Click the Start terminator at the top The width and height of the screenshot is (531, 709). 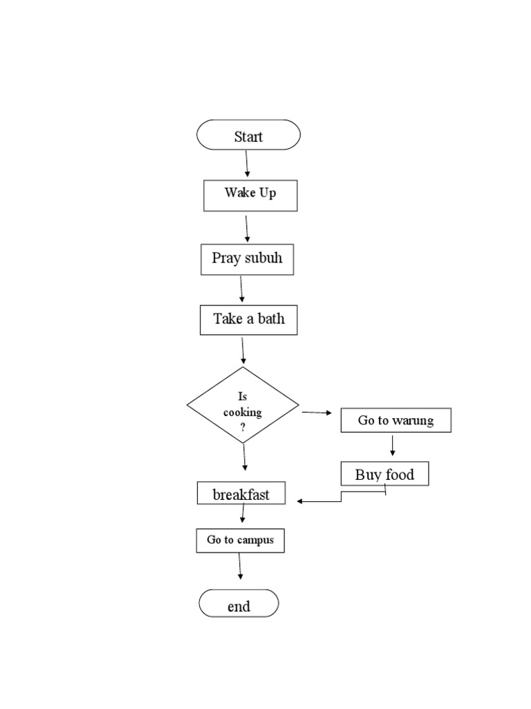(x=248, y=135)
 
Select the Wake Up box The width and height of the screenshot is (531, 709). (x=250, y=195)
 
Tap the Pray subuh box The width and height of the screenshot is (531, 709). (x=247, y=259)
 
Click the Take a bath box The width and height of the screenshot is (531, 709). (x=248, y=320)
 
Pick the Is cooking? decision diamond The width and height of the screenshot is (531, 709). (x=243, y=405)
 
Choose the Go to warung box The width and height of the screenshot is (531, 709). (x=395, y=420)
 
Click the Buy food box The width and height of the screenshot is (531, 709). (x=384, y=474)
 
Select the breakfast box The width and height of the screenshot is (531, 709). (x=241, y=494)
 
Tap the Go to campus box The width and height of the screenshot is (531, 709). (x=240, y=540)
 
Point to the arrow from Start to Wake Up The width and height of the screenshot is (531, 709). (x=247, y=164)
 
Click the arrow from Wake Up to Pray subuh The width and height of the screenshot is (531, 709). (x=247, y=228)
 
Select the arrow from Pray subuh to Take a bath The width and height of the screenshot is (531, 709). (x=241, y=289)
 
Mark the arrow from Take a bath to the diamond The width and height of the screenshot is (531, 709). (x=243, y=350)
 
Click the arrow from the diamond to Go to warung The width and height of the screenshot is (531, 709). (x=317, y=413)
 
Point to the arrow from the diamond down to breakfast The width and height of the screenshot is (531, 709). (x=244, y=458)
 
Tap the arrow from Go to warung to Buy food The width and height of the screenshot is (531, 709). (x=393, y=446)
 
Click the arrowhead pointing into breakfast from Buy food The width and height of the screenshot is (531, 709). (x=301, y=501)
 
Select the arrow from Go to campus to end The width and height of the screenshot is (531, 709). (x=240, y=566)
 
